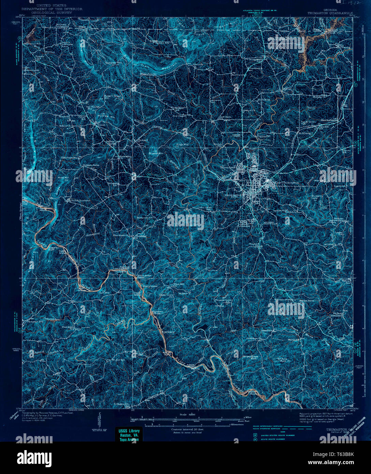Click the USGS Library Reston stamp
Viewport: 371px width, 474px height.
pyautogui.click(x=129, y=434)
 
